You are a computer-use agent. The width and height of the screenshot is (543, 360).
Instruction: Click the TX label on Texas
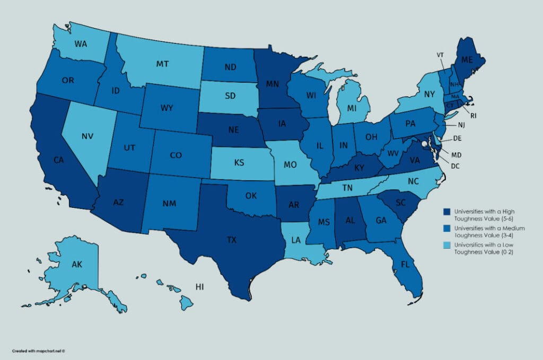pyautogui.click(x=232, y=240)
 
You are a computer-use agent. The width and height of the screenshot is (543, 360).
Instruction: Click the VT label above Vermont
pyautogui.click(x=440, y=55)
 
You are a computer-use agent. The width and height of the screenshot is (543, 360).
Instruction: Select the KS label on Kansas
pyautogui.click(x=239, y=162)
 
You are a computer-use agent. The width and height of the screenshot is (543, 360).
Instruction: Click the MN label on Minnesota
pyautogui.click(x=273, y=83)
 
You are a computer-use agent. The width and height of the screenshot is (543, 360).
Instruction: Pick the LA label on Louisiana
pyautogui.click(x=296, y=240)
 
